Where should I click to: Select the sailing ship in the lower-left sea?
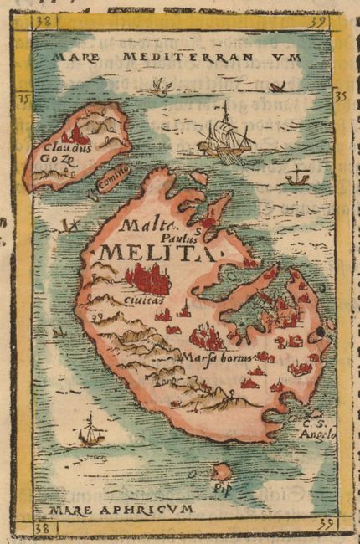coord(90,430)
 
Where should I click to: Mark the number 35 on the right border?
coord(340,97)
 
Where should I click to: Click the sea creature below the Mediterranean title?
coord(157,84)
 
